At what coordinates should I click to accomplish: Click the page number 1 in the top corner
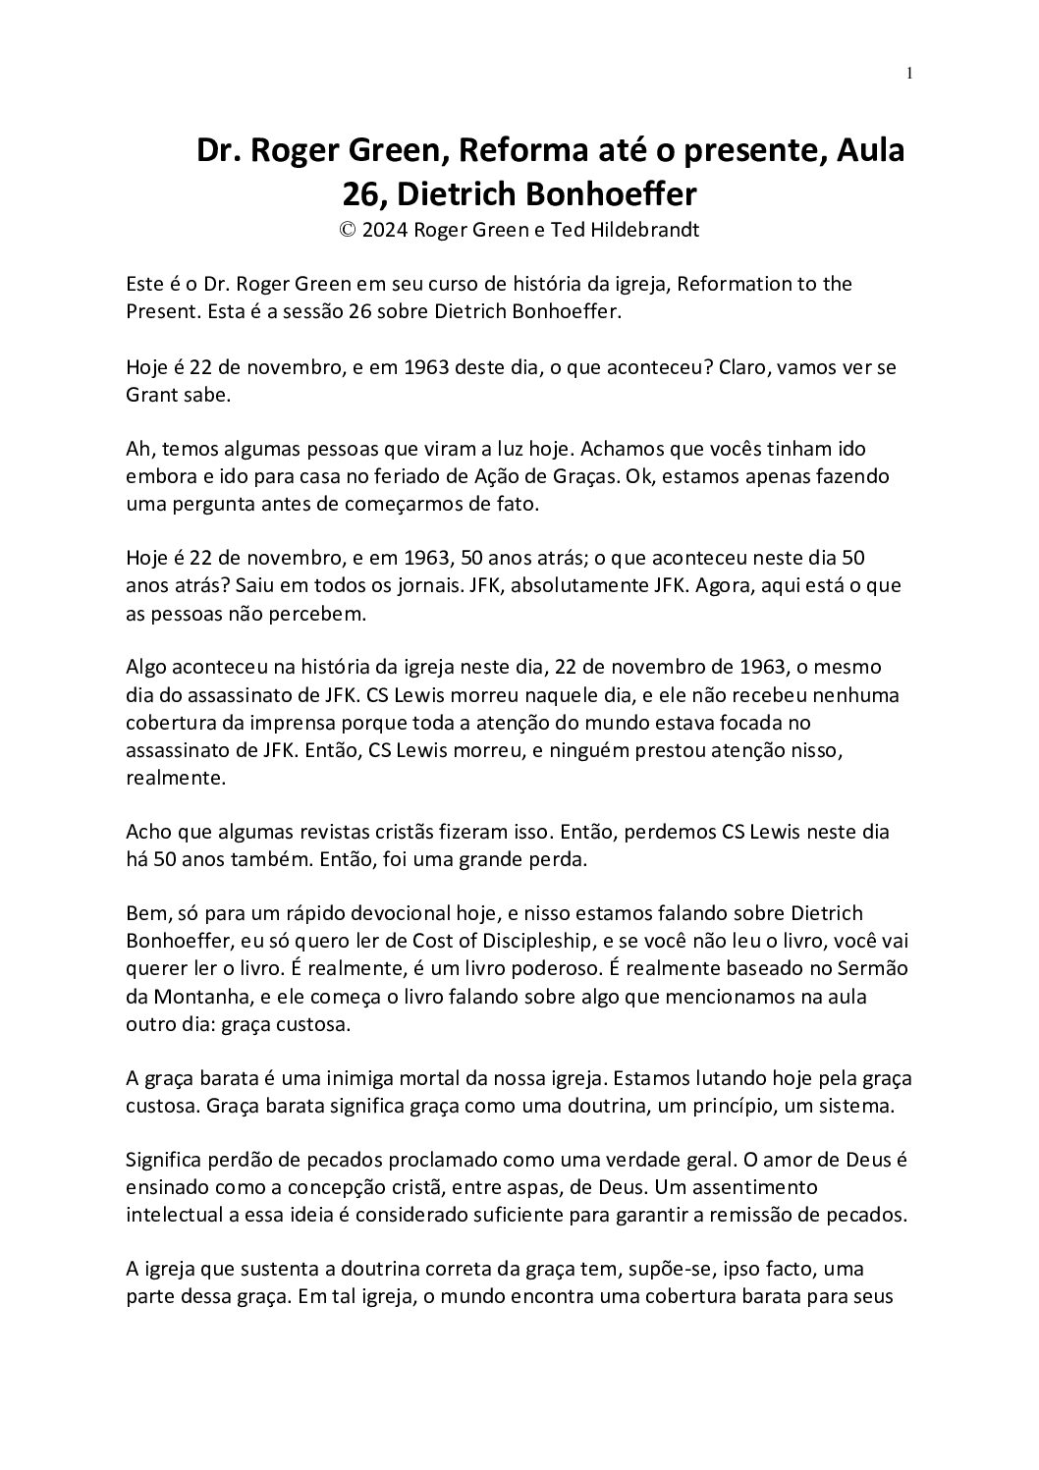[909, 72]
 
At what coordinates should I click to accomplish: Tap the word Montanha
[200, 996]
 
